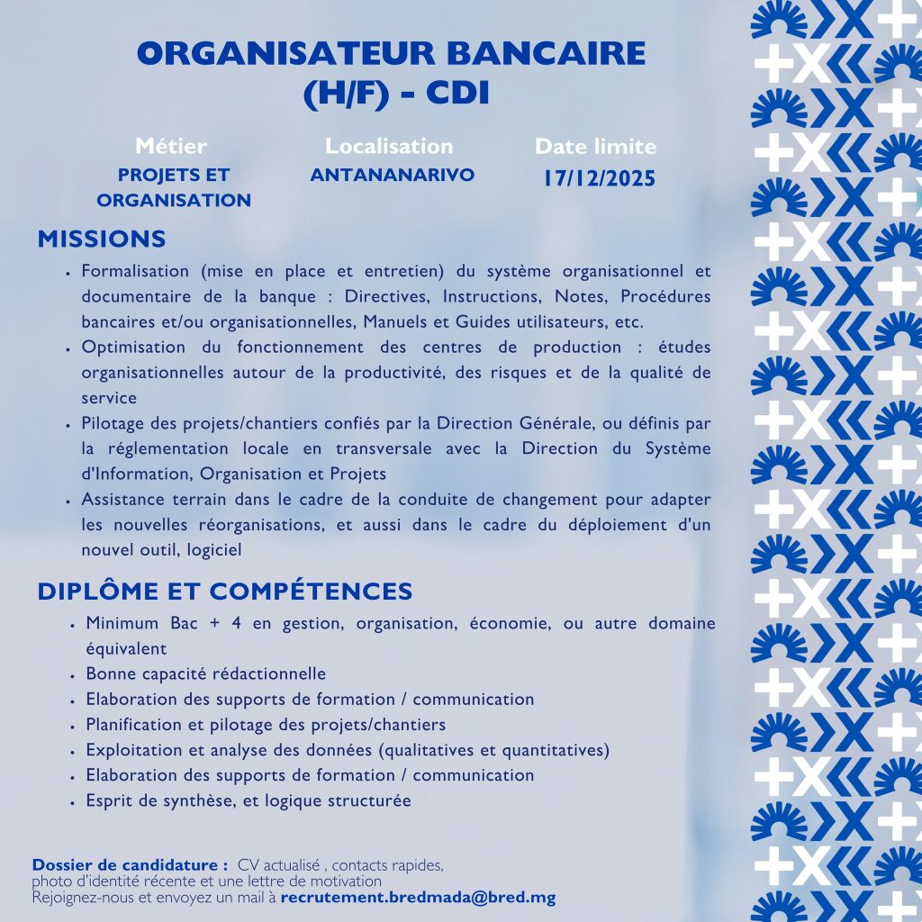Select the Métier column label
(x=170, y=146)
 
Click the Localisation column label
(x=389, y=146)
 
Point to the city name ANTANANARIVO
(x=392, y=175)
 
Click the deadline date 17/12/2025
(x=599, y=177)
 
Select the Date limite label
(x=596, y=147)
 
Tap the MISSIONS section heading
(x=102, y=239)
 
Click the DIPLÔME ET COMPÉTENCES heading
(x=225, y=592)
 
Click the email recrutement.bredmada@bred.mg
(x=418, y=898)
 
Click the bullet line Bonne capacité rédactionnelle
(x=205, y=673)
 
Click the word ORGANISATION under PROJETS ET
(x=174, y=200)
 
